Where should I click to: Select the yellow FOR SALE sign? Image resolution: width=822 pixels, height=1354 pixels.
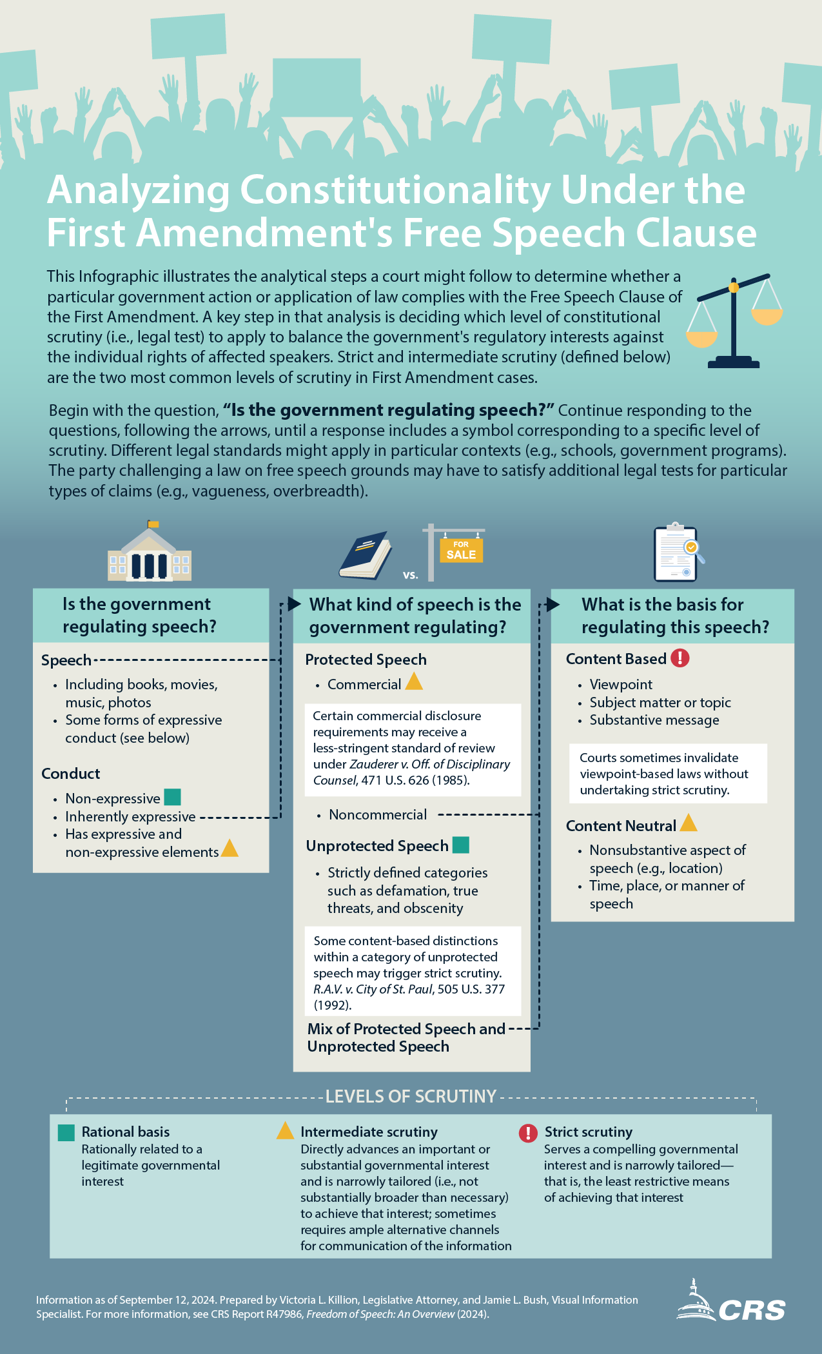click(461, 550)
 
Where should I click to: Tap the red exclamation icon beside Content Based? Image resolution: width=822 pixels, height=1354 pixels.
click(680, 658)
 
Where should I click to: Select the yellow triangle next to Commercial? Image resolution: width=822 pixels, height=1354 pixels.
click(414, 682)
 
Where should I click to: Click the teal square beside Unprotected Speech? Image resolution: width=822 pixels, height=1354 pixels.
click(461, 845)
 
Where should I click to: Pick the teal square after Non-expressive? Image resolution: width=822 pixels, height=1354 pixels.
click(172, 797)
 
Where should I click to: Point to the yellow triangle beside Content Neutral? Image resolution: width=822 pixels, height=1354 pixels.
click(689, 823)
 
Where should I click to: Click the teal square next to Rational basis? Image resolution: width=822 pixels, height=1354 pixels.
click(66, 1133)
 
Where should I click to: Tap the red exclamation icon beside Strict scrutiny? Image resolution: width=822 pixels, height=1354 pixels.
click(528, 1133)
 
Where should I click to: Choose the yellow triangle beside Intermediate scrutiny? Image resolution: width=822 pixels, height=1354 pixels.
click(285, 1131)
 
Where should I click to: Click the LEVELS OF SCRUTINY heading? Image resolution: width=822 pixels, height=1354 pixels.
click(411, 1096)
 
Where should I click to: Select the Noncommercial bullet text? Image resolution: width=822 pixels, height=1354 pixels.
click(378, 814)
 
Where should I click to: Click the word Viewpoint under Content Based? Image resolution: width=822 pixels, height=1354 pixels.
click(621, 684)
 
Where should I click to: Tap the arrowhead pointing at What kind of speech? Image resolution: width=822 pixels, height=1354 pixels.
click(295, 603)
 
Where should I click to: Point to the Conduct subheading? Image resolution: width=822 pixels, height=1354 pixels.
click(71, 773)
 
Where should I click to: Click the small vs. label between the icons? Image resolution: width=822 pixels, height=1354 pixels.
click(411, 575)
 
